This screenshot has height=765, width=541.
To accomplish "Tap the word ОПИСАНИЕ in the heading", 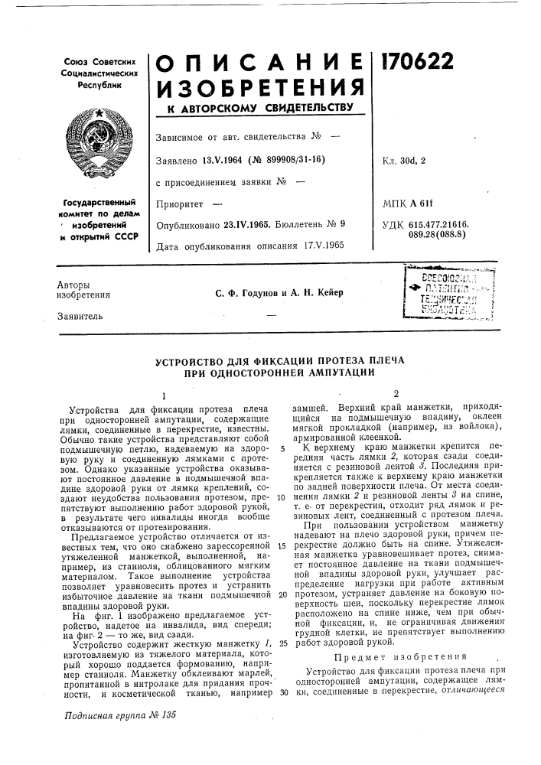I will (259, 59).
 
